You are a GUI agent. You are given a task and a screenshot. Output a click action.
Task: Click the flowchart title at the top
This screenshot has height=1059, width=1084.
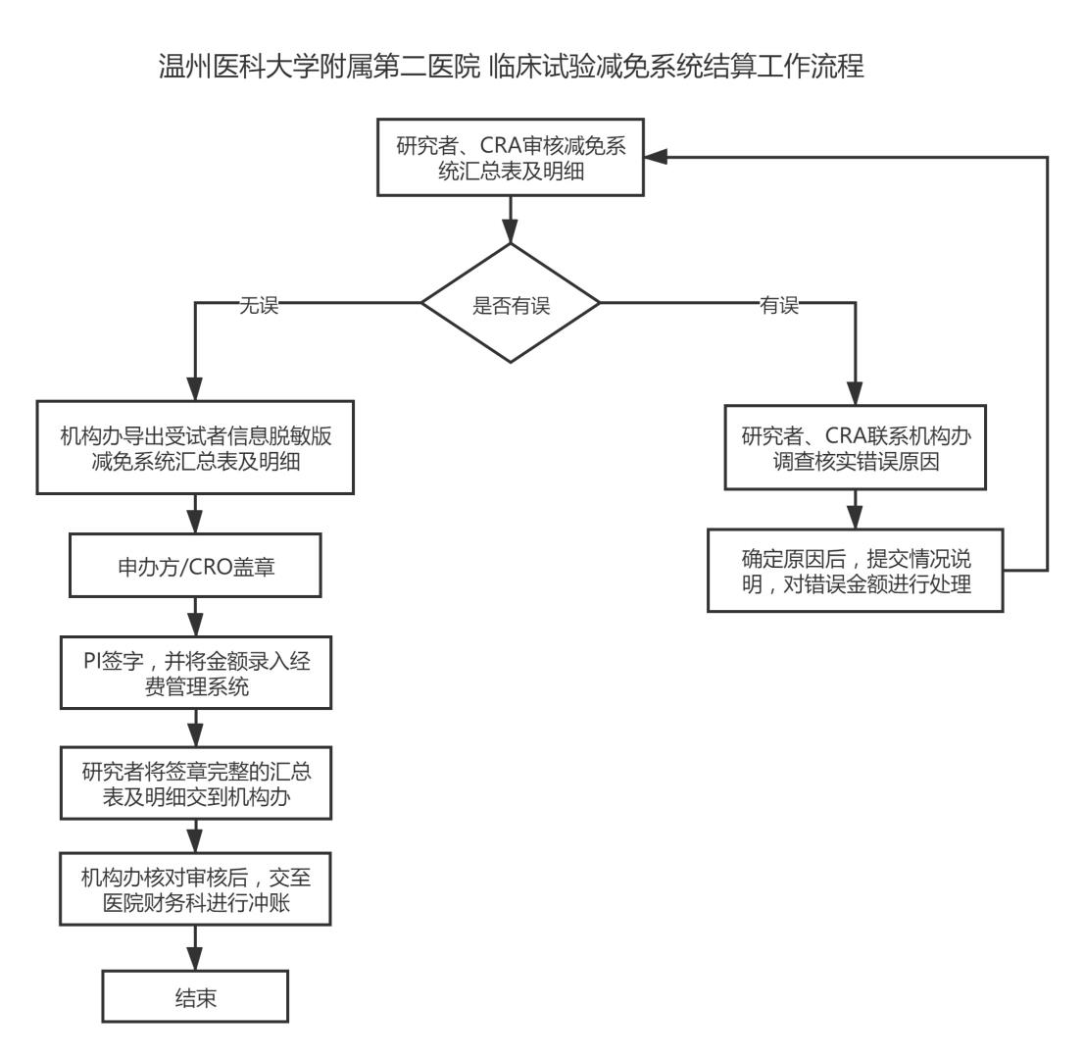[x=510, y=69]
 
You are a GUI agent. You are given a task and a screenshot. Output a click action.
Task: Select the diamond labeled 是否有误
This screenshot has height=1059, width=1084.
[x=511, y=304]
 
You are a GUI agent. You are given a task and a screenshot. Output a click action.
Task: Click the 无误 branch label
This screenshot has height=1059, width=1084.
[x=260, y=305]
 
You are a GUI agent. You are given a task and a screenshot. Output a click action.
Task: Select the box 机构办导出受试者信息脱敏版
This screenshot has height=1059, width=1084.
[x=196, y=445]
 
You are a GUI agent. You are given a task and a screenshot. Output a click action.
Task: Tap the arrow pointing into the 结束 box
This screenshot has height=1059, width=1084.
[x=196, y=949]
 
